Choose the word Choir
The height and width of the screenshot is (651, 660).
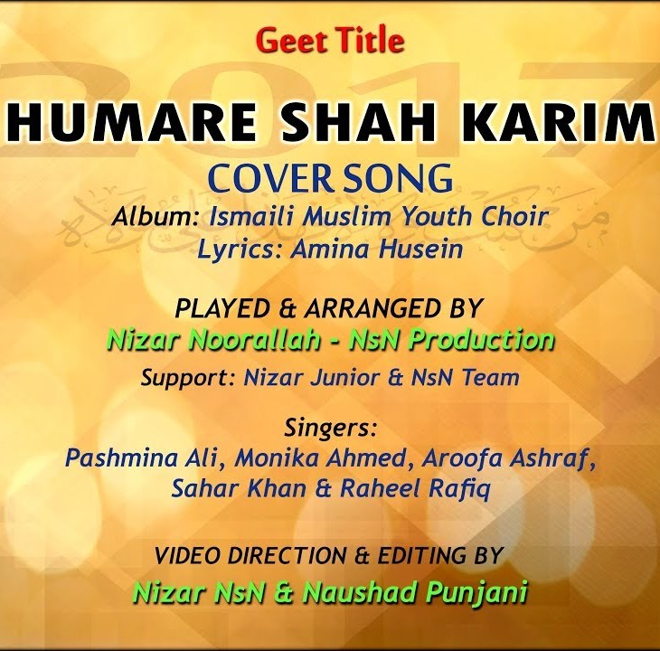coord(517,218)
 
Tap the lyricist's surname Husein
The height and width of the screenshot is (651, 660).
coord(421,250)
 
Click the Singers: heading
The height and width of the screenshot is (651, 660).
coord(330,426)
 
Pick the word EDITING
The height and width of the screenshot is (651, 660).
coord(420,554)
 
